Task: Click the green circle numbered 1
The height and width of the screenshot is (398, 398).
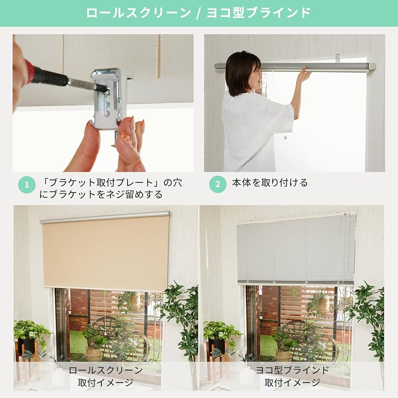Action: (27, 185)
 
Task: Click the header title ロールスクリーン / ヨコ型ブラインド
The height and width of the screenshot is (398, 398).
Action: (199, 12)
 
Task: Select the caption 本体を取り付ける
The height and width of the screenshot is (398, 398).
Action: (270, 183)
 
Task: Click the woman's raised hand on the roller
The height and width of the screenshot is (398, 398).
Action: (304, 74)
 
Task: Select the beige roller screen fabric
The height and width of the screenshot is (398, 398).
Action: (106, 253)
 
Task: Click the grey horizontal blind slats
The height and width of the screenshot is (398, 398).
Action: (296, 249)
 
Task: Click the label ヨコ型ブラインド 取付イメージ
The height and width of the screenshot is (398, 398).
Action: (292, 376)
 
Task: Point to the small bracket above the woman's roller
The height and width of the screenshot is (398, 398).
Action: (337, 58)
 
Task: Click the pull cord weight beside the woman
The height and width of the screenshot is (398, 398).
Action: (285, 137)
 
